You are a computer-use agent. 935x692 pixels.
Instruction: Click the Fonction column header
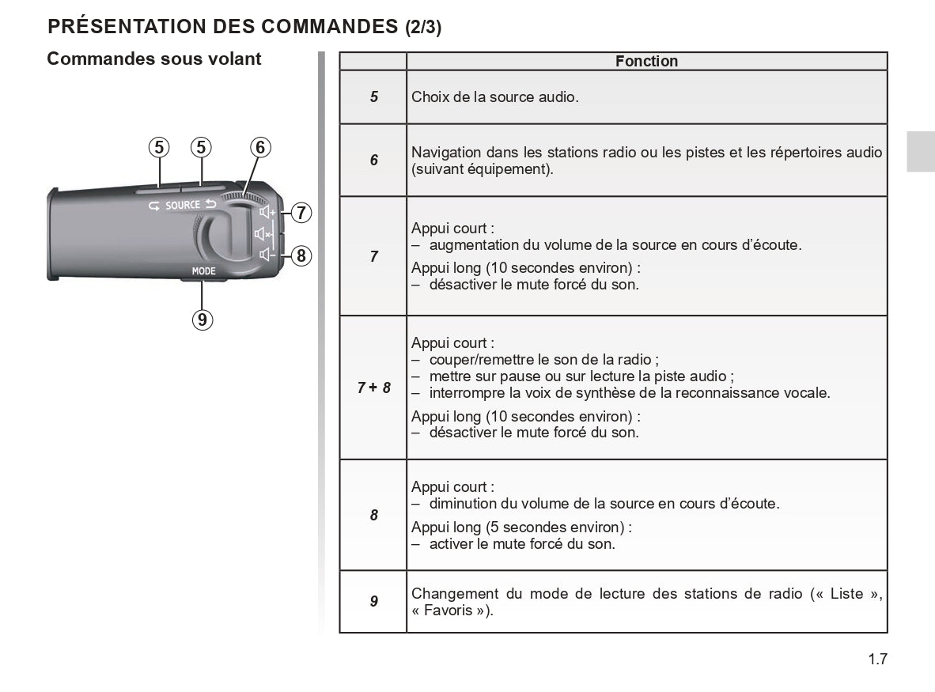tap(646, 61)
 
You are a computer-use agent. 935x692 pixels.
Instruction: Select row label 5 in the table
tap(373, 97)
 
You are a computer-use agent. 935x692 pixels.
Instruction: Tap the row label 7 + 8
tap(373, 388)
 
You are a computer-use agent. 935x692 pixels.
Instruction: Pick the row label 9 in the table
tap(373, 601)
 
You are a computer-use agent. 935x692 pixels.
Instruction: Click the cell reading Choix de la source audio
tap(495, 97)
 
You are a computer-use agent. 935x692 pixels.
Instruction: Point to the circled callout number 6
tap(260, 147)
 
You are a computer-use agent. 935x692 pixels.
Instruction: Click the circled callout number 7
tap(301, 213)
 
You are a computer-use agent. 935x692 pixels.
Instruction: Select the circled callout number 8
tap(301, 255)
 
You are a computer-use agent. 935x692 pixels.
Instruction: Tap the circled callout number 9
tap(203, 319)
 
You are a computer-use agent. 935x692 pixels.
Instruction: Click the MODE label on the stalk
tap(203, 271)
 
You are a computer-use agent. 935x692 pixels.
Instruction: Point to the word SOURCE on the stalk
tap(183, 206)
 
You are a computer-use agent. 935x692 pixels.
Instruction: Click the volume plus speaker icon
tap(267, 212)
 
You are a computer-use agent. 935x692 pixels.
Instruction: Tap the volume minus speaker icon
tap(267, 255)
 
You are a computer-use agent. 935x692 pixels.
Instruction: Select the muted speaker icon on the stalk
tap(263, 234)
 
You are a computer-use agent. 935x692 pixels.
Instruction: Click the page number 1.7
tap(877, 659)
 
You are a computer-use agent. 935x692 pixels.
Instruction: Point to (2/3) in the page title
tap(423, 27)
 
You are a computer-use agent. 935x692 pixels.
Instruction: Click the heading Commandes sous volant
tap(154, 59)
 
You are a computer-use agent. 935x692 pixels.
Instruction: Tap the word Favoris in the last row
tap(448, 611)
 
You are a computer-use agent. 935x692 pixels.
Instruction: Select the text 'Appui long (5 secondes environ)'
tap(521, 527)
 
